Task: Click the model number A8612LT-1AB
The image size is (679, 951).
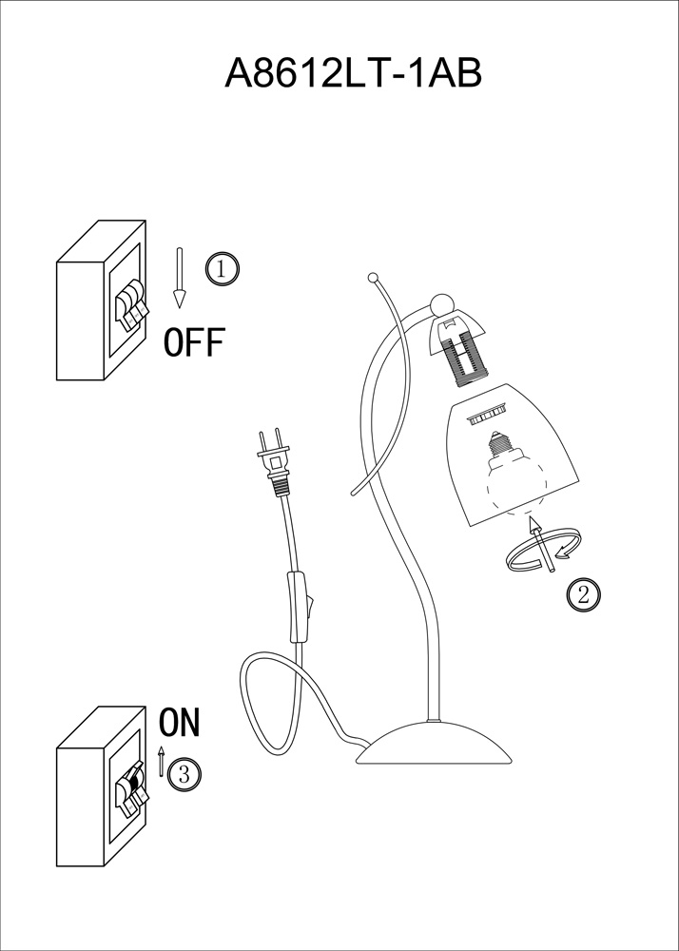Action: pyautogui.click(x=353, y=74)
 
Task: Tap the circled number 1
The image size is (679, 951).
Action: pyautogui.click(x=223, y=269)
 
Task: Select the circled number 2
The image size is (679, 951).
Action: pyautogui.click(x=583, y=594)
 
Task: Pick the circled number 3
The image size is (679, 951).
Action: pyautogui.click(x=184, y=774)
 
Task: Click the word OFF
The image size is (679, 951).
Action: pyautogui.click(x=194, y=342)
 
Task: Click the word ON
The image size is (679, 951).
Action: pyautogui.click(x=179, y=723)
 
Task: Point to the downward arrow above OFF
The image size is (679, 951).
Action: pyautogui.click(x=179, y=278)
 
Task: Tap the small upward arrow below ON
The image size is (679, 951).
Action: pyautogui.click(x=162, y=761)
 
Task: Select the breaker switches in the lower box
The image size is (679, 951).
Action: pyautogui.click(x=131, y=789)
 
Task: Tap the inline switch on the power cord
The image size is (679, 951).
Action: pyautogui.click(x=301, y=608)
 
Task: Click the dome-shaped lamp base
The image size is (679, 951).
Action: pyautogui.click(x=434, y=743)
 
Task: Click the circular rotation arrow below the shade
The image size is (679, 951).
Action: pyautogui.click(x=544, y=550)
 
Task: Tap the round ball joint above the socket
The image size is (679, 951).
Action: pyautogui.click(x=441, y=305)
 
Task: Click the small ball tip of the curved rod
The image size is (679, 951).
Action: pyautogui.click(x=373, y=279)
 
